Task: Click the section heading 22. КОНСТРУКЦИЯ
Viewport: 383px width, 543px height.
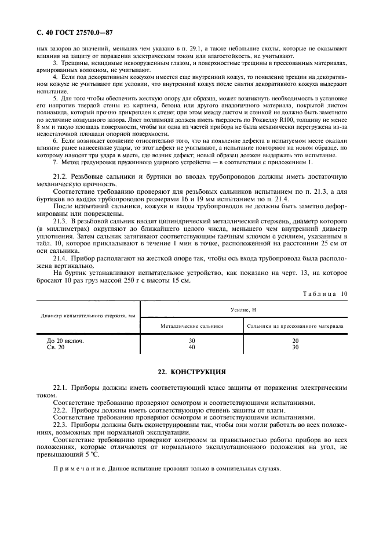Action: click(191, 371)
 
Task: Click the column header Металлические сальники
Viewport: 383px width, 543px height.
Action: click(192, 326)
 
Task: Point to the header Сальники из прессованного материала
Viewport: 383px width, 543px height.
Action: click(295, 326)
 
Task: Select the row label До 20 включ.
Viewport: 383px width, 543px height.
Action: click(65, 341)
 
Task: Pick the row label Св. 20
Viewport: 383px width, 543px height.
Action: click(56, 347)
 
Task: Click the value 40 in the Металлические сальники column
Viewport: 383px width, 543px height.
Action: click(192, 347)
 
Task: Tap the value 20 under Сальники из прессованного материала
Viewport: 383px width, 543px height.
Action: click(295, 341)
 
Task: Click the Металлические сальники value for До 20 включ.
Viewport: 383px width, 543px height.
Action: click(192, 341)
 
